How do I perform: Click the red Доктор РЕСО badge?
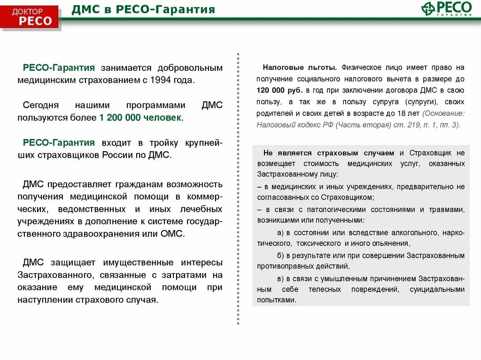coord(32,16)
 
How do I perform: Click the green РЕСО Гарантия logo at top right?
coord(447,9)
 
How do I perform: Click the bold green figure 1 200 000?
coord(120,117)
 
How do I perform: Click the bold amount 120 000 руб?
coord(280,90)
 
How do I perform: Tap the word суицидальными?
coord(440,289)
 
